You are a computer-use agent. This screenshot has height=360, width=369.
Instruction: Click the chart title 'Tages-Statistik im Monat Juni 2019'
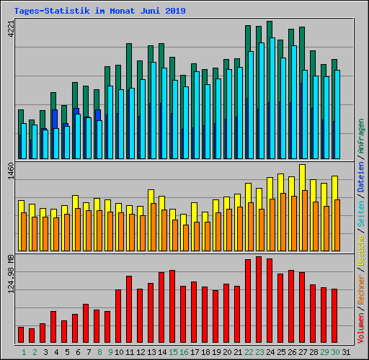coord(99,11)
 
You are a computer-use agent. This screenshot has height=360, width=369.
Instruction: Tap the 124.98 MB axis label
coord(11,274)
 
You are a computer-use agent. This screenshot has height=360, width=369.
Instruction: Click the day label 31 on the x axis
coord(346,352)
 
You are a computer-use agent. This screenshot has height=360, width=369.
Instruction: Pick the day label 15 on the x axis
coord(173,352)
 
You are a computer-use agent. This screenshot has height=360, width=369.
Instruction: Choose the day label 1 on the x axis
coord(24,352)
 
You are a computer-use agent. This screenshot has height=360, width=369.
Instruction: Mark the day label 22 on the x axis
coord(249,352)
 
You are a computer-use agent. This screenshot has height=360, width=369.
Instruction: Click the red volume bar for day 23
coord(259,300)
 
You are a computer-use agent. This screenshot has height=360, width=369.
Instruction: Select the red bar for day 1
coord(21,335)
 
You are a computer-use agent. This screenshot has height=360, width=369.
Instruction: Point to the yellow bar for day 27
coord(302,176)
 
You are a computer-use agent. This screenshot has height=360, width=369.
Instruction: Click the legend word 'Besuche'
coord(361,248)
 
